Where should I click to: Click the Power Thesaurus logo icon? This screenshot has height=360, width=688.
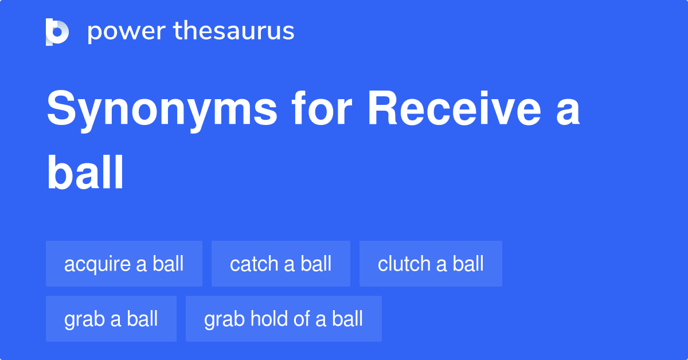pos(57,32)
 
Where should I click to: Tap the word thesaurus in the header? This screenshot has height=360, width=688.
pos(234,32)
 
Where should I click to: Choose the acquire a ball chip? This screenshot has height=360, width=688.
pos(124,264)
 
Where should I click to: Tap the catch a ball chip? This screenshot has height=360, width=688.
pos(281,264)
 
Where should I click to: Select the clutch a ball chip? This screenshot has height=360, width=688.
pos(431,264)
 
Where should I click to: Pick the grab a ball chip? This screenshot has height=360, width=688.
pos(111,319)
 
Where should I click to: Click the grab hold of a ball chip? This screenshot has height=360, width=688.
pos(284,319)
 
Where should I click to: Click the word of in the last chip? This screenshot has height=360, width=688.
pos(303,319)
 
